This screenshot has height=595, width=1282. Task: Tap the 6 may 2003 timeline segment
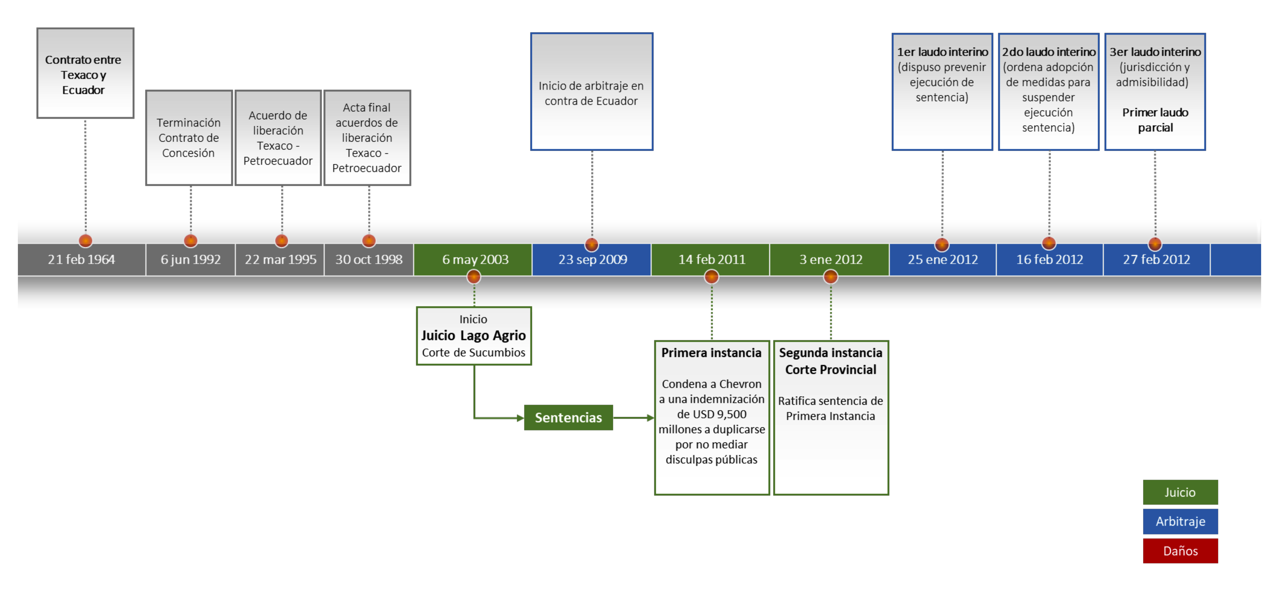click(x=475, y=260)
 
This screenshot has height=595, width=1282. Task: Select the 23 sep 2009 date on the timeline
click(x=592, y=260)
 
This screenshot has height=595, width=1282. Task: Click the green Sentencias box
click(x=568, y=417)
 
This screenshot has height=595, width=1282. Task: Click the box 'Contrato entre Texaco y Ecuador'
click(x=85, y=74)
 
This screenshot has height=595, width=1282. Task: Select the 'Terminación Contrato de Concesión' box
click(x=189, y=138)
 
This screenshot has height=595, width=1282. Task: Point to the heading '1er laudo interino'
click(x=942, y=52)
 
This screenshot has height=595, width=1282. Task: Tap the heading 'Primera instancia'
click(x=711, y=353)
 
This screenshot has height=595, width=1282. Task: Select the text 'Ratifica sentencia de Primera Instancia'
click(x=830, y=409)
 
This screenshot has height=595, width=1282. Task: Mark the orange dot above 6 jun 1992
click(x=191, y=241)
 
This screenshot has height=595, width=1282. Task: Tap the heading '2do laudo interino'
click(x=1049, y=52)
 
